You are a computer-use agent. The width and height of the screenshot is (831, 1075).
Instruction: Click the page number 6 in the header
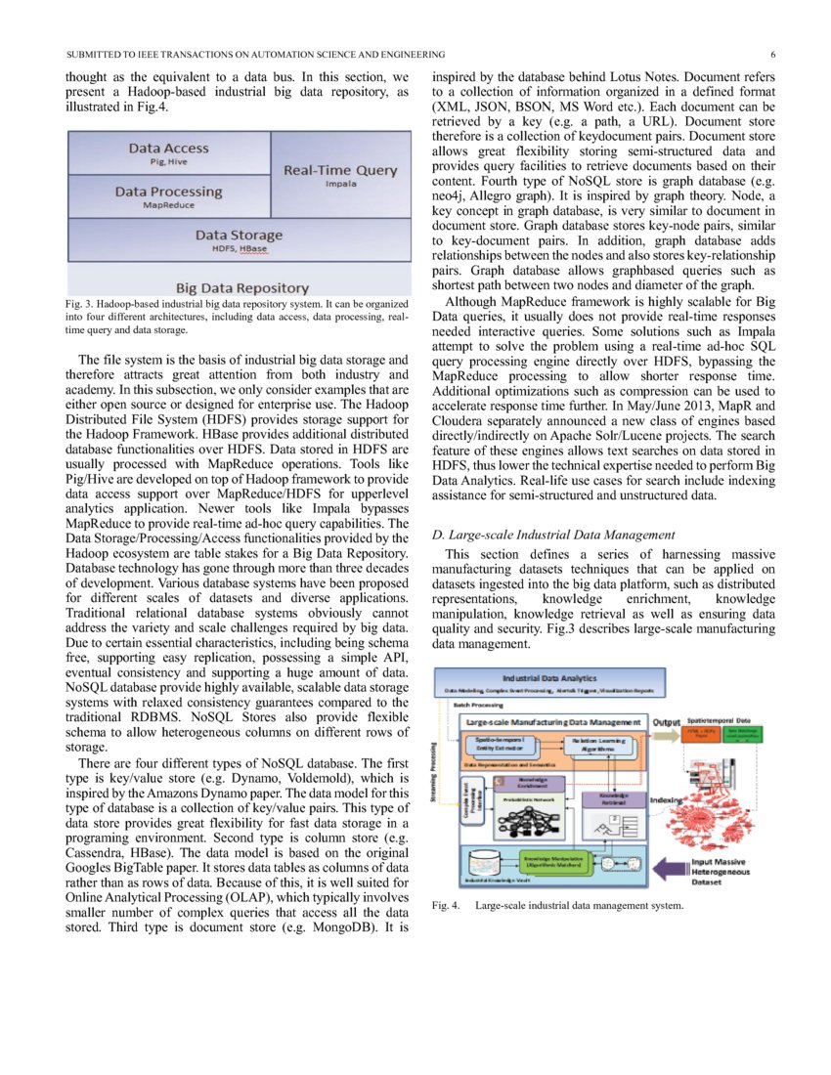tap(772, 54)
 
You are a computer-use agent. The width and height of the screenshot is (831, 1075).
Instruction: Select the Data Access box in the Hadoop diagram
tap(168, 153)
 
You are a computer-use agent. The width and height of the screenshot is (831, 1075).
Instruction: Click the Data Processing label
tap(168, 193)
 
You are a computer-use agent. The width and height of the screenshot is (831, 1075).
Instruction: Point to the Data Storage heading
tap(239, 236)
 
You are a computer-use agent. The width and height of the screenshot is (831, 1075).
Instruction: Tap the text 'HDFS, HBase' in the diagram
tap(239, 248)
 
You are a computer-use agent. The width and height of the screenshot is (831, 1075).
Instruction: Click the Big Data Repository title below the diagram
tap(241, 287)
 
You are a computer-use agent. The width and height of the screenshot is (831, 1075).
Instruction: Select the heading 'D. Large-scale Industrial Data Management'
tap(552, 535)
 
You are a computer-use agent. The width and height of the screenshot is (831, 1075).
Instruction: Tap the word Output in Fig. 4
tap(668, 722)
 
